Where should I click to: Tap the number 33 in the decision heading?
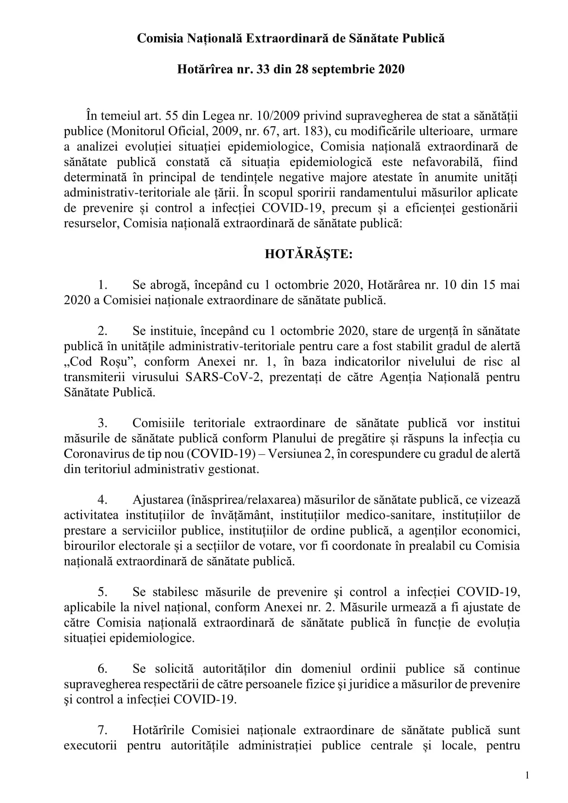tap(263, 69)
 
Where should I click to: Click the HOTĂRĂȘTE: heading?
tap(309, 254)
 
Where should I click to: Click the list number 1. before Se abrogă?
tap(103, 285)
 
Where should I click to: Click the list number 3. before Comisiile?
tap(103, 423)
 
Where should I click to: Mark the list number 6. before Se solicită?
tap(103, 669)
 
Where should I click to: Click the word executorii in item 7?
tap(90, 745)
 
